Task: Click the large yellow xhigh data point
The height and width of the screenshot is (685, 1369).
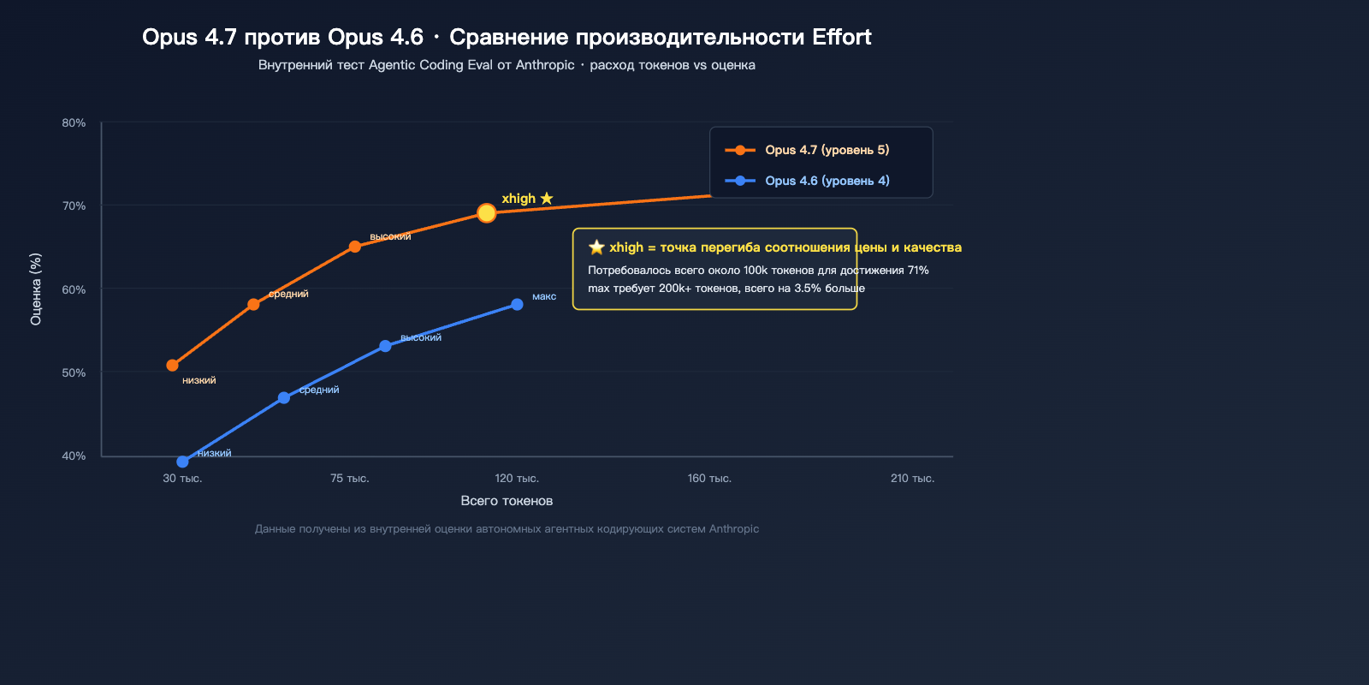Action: click(486, 213)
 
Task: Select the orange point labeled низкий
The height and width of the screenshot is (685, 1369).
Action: click(172, 366)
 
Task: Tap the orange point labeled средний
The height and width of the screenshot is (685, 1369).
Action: click(253, 305)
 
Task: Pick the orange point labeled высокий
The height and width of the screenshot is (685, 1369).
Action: click(355, 247)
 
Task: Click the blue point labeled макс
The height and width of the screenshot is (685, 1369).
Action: click(517, 305)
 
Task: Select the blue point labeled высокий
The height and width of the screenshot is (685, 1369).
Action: click(385, 346)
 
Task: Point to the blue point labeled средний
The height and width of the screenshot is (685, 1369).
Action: click(284, 398)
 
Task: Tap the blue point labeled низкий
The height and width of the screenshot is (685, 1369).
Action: click(182, 462)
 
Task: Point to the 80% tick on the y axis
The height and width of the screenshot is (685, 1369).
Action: click(74, 123)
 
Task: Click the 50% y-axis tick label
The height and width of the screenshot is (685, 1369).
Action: click(74, 373)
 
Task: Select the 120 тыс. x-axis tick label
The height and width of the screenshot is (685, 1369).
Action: click(517, 479)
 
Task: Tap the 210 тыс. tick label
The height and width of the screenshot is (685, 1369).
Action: click(912, 479)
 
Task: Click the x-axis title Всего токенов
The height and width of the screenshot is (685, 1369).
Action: click(507, 501)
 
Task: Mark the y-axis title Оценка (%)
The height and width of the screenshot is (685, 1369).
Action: click(36, 289)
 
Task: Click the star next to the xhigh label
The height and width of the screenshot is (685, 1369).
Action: click(547, 199)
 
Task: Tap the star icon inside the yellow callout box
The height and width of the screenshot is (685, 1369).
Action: click(596, 247)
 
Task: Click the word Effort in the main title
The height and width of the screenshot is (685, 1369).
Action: click(841, 37)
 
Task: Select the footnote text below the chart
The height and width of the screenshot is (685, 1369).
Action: click(507, 529)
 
